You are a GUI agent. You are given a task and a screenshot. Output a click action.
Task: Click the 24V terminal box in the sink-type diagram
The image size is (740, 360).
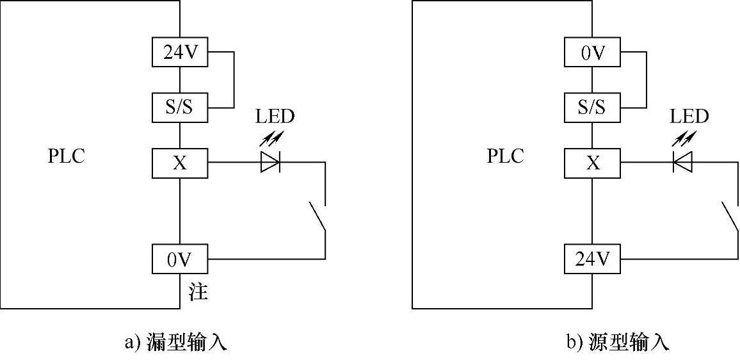180,53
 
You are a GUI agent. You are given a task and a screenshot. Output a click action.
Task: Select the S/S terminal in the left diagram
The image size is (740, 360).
180,107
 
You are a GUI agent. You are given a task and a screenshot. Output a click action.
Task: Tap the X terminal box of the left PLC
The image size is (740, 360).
180,163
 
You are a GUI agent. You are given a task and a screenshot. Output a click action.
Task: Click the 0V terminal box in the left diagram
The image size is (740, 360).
180,259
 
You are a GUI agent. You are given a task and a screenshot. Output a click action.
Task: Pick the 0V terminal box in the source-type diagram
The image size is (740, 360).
592,53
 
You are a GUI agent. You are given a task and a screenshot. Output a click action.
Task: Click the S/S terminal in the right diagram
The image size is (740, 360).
592,107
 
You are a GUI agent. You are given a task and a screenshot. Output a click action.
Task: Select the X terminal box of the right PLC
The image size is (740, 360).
592,163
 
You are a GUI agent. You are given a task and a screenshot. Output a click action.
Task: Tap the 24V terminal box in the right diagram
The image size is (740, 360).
592,259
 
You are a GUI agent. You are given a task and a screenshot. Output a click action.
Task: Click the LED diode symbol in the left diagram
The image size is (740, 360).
270,163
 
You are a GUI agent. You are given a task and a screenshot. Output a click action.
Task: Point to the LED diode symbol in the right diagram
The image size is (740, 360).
683,163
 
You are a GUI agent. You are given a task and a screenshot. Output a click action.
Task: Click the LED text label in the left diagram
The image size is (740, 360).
275,117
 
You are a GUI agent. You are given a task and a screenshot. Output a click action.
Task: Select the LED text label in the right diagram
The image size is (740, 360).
689,117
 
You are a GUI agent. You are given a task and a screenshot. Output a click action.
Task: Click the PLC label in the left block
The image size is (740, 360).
66,157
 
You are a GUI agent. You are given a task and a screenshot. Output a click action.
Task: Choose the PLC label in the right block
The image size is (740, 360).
505,156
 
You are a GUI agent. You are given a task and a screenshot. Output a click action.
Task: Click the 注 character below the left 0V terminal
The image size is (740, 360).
198,293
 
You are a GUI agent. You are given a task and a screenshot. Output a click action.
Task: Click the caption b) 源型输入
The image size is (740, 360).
617,343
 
